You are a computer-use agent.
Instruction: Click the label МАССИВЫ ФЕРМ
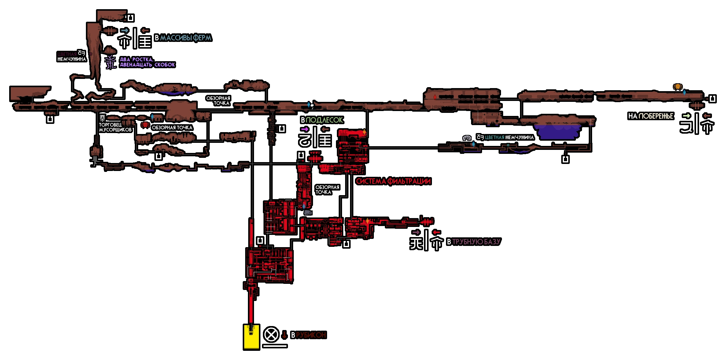[186, 38]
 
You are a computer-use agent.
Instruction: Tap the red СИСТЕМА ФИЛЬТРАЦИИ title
[393, 181]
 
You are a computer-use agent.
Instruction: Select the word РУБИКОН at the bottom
[311, 335]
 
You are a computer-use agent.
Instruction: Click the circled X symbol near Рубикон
[271, 334]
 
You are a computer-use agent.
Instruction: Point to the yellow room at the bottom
[251, 337]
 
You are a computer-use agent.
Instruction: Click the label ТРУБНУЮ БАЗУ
[476, 242]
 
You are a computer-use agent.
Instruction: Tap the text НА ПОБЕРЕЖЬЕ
[650, 116]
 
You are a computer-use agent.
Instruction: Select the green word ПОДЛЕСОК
[324, 120]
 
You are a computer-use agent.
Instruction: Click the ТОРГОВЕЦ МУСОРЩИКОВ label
[115, 127]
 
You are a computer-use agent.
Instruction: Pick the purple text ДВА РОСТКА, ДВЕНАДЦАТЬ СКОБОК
[147, 62]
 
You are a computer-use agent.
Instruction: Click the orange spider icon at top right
[677, 87]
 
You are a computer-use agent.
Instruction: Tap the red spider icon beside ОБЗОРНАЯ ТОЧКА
[145, 125]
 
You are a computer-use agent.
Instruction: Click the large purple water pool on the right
[558, 131]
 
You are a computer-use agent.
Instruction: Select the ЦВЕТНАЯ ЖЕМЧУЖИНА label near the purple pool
[509, 138]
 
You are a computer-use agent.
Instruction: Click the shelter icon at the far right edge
[712, 99]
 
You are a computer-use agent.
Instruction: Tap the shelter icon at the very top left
[131, 18]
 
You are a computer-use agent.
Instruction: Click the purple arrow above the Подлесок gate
[304, 129]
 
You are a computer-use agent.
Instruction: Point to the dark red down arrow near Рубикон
[284, 335]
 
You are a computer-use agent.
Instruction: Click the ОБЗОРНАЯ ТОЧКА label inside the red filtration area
[327, 190]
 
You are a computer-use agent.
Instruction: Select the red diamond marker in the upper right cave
[435, 97]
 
